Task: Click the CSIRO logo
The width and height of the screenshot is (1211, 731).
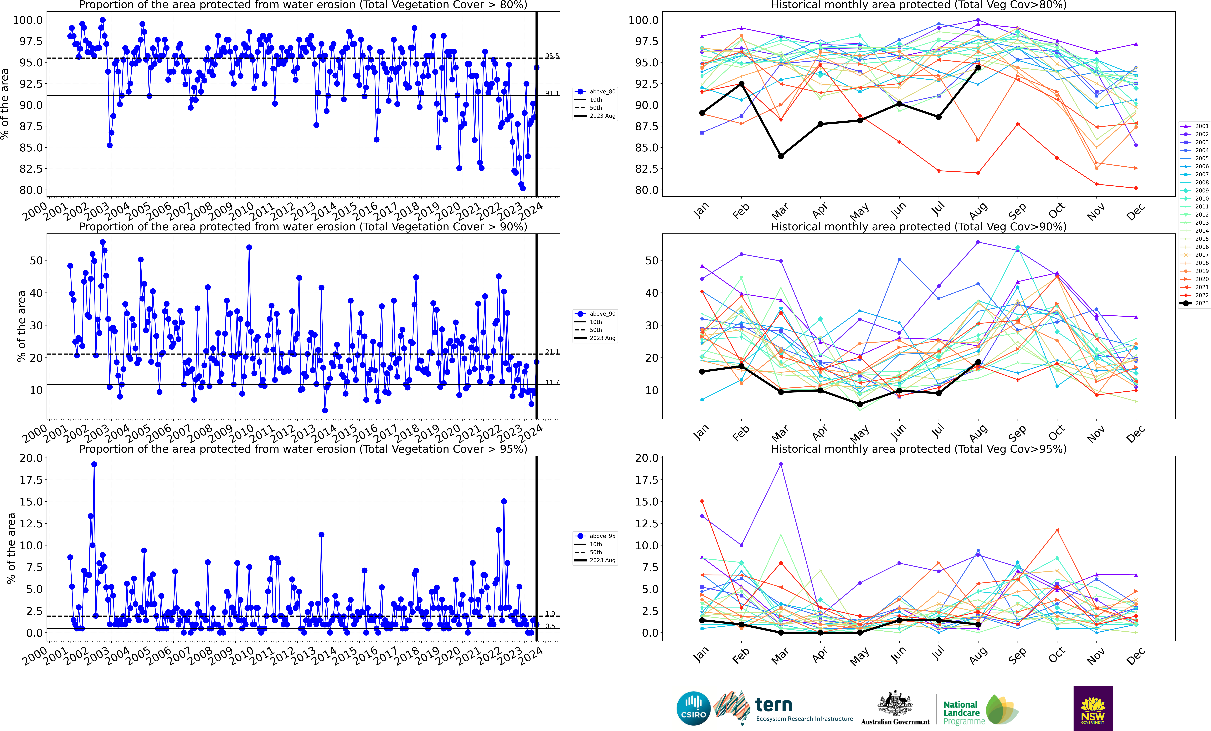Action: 693,708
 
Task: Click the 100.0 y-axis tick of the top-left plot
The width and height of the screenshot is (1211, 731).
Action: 28,20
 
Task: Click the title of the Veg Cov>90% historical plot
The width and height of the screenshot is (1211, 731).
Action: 918,227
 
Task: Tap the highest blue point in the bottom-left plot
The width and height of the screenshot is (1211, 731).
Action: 94,464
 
